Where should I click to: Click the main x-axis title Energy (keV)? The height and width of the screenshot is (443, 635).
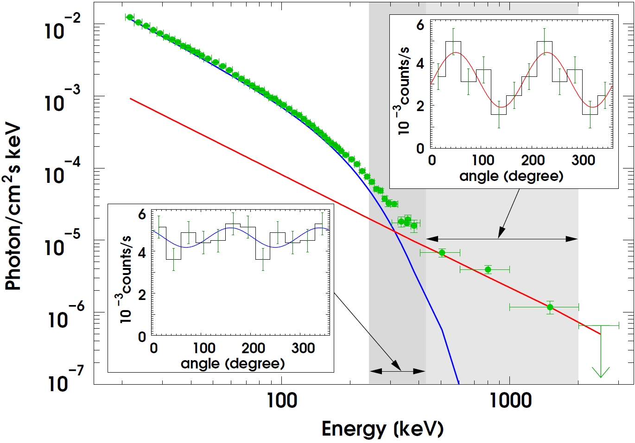382,429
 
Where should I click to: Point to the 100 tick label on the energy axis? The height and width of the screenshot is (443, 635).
282,400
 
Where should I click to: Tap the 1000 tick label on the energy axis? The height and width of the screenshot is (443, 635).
510,400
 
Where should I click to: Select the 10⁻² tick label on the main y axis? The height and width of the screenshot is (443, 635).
63,27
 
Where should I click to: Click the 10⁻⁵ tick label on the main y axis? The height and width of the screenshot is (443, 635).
63,244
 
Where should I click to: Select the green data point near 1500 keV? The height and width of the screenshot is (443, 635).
550,307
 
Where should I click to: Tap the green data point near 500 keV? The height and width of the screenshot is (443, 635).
442,253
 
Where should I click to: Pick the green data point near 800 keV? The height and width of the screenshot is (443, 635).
488,269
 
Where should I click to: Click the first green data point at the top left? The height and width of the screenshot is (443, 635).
130,17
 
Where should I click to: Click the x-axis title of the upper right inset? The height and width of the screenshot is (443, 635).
511,176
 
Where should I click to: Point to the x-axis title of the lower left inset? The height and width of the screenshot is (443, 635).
233,364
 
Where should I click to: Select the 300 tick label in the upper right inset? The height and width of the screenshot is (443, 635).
583,161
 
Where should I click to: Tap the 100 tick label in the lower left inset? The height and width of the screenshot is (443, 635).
204,348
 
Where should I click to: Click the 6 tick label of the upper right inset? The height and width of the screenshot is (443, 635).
420,25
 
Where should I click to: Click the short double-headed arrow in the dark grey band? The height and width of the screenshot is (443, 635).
398,371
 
